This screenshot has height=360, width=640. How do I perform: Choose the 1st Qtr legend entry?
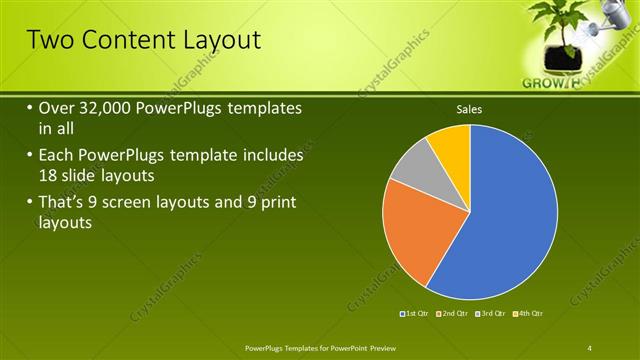(416, 314)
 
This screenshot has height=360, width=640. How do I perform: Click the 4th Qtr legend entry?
(530, 314)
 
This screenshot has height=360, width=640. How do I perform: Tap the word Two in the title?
(46, 40)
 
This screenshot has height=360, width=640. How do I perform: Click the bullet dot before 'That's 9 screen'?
(30, 204)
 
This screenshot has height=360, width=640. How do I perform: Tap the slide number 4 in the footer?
(590, 347)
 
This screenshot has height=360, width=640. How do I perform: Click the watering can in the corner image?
(613, 18)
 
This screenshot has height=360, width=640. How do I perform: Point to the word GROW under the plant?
(543, 84)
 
